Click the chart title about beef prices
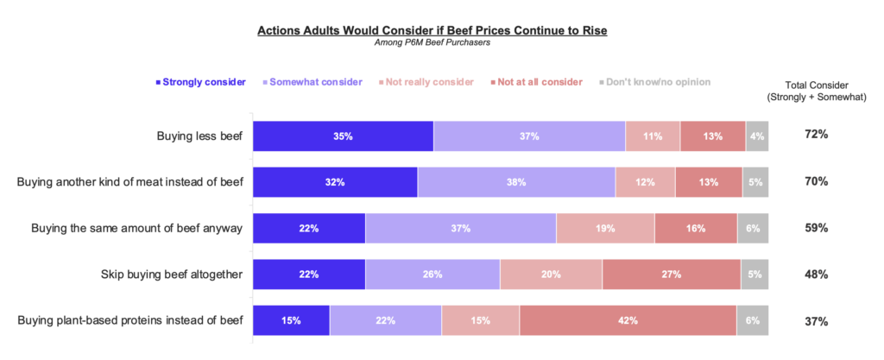click(x=433, y=31)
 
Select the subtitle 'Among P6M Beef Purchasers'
click(x=433, y=43)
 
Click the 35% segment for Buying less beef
click(x=343, y=136)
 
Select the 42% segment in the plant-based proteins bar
click(x=628, y=320)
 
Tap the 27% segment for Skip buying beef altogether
click(x=671, y=275)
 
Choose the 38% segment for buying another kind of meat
click(x=516, y=182)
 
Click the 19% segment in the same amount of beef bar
click(x=605, y=229)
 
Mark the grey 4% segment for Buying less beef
click(x=757, y=136)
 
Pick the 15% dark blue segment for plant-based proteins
click(x=291, y=320)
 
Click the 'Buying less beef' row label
click(x=199, y=136)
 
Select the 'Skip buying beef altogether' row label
click(x=172, y=275)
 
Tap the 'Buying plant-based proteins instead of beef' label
click(x=129, y=320)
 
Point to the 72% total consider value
click(x=817, y=136)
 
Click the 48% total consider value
click(x=817, y=275)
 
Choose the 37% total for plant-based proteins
click(x=817, y=321)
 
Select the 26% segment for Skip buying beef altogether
click(x=433, y=275)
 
